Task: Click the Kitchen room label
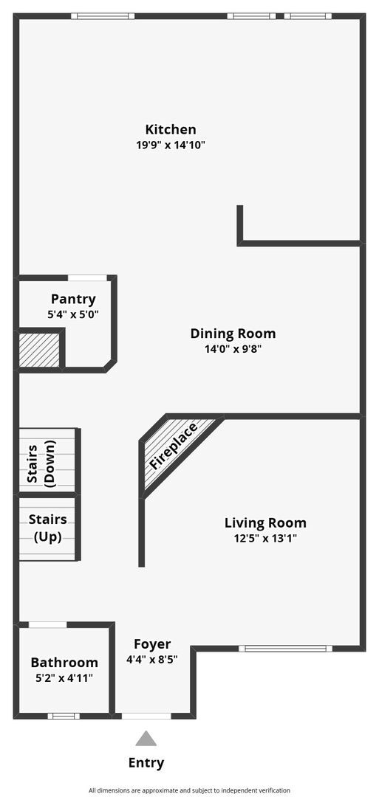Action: pos(170,129)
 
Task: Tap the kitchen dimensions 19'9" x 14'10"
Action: pos(170,145)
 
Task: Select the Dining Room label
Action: pos(233,334)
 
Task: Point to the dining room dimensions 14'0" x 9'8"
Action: pos(233,350)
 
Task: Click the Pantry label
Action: pos(73,299)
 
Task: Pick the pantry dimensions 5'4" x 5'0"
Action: pos(73,314)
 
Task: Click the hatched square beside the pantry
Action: pos(39,350)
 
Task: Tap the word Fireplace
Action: pos(174,446)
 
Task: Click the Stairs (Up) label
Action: pos(47,528)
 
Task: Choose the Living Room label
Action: pos(265,523)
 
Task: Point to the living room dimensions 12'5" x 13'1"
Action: pos(265,539)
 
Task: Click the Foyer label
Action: pos(152,644)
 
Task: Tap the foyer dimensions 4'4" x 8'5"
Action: pos(152,660)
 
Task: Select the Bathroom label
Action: pos(64,663)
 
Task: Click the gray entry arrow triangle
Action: pos(146,739)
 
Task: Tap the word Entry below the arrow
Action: pos(146,763)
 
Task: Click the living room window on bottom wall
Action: pos(284,649)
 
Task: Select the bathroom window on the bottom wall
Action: pos(64,715)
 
